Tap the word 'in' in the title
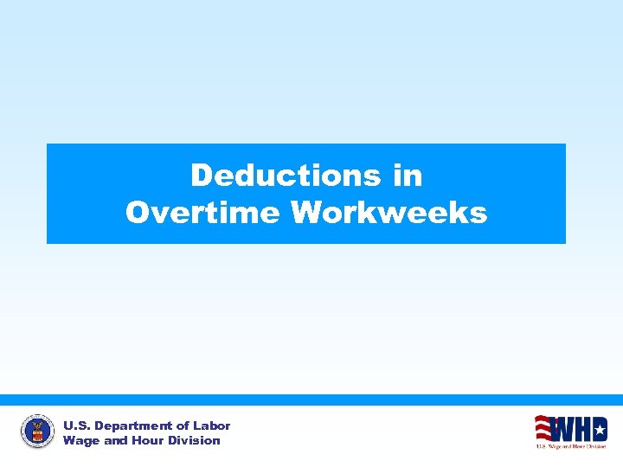point(408,176)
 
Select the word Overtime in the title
point(204,212)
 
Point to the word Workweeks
point(389,212)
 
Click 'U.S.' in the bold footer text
point(76,425)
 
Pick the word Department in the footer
point(132,425)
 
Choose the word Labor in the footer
point(212,425)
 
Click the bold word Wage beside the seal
point(81,440)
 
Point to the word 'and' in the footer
point(116,440)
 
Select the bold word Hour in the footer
point(149,440)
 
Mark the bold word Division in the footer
point(195,440)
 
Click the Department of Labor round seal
point(37,431)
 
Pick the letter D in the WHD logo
point(597,428)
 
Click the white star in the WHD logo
point(598,428)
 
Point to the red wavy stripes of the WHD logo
point(543,427)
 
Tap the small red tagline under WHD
point(570,446)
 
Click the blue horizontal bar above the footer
point(311,400)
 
